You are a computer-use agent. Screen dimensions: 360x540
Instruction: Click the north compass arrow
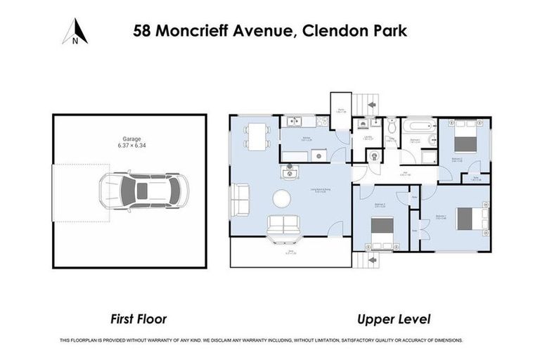[x=75, y=32]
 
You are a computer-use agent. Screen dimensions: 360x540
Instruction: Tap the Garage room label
[x=129, y=143]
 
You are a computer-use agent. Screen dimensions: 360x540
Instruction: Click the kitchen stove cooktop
[x=322, y=122]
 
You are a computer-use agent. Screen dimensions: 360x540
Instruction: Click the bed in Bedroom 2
[x=465, y=138]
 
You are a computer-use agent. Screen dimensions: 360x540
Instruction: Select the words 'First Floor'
[x=138, y=319]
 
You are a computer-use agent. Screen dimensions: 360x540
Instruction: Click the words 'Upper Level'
[x=394, y=319]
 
